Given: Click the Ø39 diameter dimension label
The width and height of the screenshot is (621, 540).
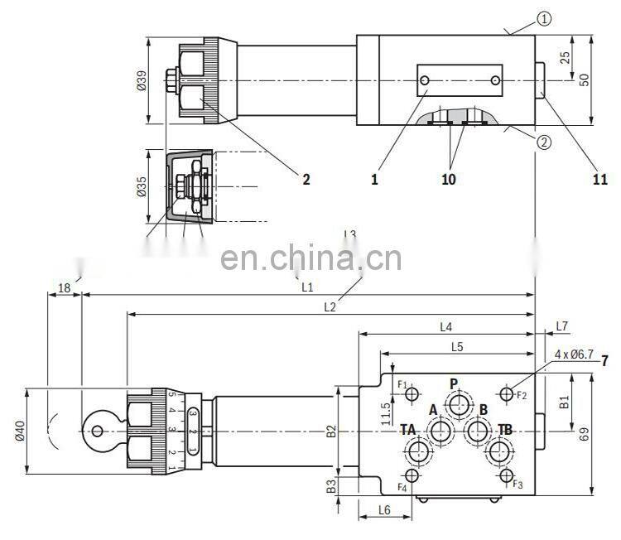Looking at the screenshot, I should click(141, 80).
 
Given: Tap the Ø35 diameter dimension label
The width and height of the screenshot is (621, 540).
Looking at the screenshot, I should click(141, 186).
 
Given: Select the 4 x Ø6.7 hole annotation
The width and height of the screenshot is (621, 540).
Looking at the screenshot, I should click(573, 355).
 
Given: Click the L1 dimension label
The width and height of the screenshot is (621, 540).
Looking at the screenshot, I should click(306, 287).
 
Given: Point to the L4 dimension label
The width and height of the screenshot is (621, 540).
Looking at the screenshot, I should click(446, 326).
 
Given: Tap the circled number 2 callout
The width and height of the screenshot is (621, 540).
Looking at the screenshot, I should click(543, 142).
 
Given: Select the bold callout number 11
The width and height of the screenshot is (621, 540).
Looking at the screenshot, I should click(599, 179).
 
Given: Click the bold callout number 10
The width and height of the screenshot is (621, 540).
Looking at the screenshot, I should click(448, 179).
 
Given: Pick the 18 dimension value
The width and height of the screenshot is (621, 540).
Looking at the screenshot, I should click(64, 287).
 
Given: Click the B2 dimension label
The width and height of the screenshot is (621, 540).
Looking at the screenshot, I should click(330, 431).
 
